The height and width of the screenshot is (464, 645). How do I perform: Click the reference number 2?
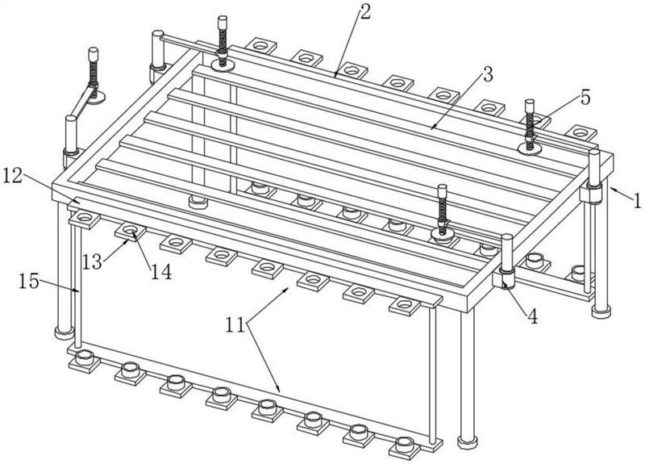tap(365, 12)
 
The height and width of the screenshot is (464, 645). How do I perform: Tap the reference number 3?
tap(487, 74)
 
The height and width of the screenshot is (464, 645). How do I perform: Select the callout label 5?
tap(585, 98)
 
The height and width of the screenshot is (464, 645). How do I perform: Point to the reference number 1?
tap(637, 201)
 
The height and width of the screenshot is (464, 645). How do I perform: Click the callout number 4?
tap(533, 316)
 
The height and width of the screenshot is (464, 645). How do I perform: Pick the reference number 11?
tap(235, 325)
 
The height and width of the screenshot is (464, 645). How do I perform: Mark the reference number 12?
tap(13, 176)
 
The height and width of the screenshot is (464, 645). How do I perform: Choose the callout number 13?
tap(92, 261)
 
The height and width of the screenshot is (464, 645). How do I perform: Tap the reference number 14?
tap(160, 272)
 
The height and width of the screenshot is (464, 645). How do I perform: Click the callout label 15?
tap(29, 282)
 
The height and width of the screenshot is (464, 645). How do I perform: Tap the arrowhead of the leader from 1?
tap(613, 189)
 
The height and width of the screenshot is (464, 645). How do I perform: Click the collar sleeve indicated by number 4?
tap(506, 278)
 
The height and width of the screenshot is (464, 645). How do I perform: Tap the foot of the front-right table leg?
tap(468, 442)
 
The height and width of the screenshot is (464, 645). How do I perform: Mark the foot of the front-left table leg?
tap(64, 332)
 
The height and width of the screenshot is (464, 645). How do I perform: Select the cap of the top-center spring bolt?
tap(223, 22)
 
